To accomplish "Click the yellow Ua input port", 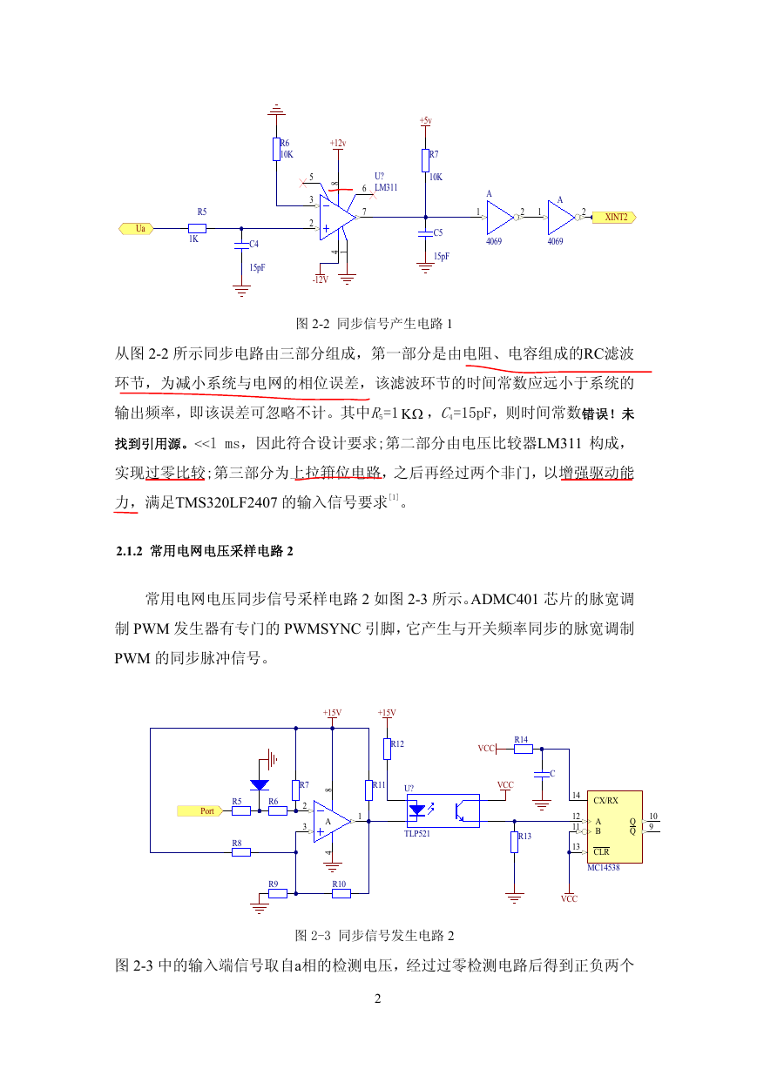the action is click(x=136, y=229).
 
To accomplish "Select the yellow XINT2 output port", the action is click(x=614, y=217).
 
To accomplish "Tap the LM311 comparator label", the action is click(x=386, y=187).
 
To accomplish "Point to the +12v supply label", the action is click(x=338, y=143).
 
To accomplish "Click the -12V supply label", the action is click(x=321, y=279).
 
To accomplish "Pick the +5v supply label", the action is click(x=426, y=121).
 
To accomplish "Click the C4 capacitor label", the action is click(x=254, y=244).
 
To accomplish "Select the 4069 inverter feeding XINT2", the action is click(x=562, y=217).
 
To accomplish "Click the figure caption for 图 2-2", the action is click(x=374, y=324).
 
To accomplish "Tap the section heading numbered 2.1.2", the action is click(x=205, y=551).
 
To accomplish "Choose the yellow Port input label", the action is click(x=200, y=810).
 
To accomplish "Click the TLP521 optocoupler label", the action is click(x=417, y=833).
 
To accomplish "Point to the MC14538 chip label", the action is click(x=603, y=867).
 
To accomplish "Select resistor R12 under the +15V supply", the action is click(x=388, y=749).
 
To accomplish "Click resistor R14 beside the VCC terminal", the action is click(x=523, y=750).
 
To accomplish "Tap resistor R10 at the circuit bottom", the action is click(x=341, y=893).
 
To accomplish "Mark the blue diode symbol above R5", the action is click(x=260, y=785).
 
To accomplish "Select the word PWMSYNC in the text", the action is click(x=322, y=629).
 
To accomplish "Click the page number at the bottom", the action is click(x=378, y=998).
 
